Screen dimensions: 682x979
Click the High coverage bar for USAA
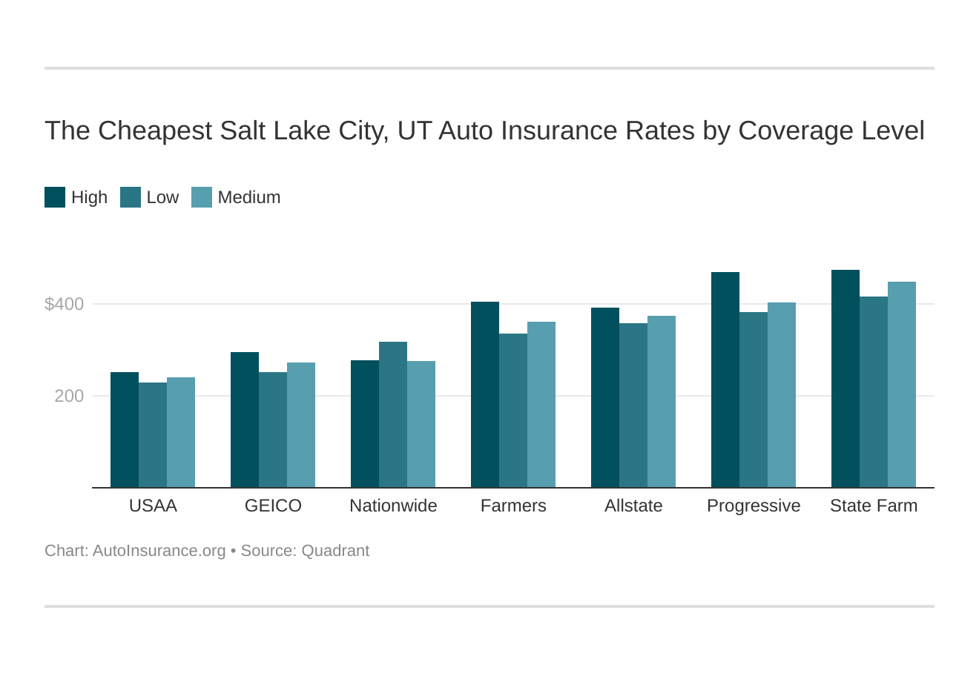[x=125, y=430]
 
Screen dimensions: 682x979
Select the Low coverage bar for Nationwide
[x=393, y=415]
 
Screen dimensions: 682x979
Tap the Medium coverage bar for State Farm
[x=902, y=385]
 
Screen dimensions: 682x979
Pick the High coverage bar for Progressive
[x=725, y=380]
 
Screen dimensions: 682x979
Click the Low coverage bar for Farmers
[x=513, y=411]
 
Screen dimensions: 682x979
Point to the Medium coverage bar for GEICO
[x=301, y=425]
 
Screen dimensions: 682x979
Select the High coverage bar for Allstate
[x=605, y=398]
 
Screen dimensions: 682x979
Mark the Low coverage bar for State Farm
[x=874, y=392]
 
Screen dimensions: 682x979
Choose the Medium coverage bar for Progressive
[x=782, y=395]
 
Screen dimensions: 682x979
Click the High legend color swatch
[x=55, y=197]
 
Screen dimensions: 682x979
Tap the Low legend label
[x=162, y=197]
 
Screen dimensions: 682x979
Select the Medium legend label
[x=249, y=197]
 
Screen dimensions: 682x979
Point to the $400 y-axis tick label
[x=65, y=304]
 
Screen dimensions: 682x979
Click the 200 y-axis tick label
[x=69, y=396]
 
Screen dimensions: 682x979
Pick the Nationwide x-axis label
[x=393, y=506]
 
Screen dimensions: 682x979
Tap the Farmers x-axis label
[x=513, y=506]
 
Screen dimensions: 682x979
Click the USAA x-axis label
[x=153, y=506]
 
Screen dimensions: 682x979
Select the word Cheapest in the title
[x=154, y=130]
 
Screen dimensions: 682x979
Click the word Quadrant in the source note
[x=335, y=551]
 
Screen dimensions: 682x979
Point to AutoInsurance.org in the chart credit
[x=159, y=551]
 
